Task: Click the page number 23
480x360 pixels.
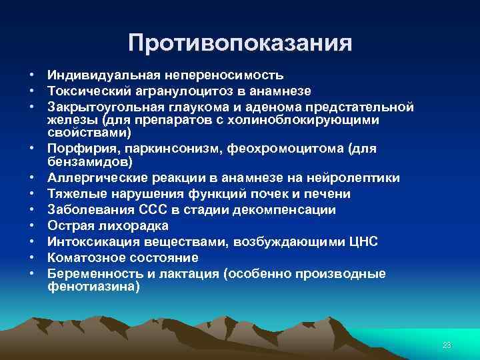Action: (x=447, y=345)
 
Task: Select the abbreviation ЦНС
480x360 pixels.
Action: (x=362, y=242)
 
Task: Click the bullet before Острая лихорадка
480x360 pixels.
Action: (x=31, y=226)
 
